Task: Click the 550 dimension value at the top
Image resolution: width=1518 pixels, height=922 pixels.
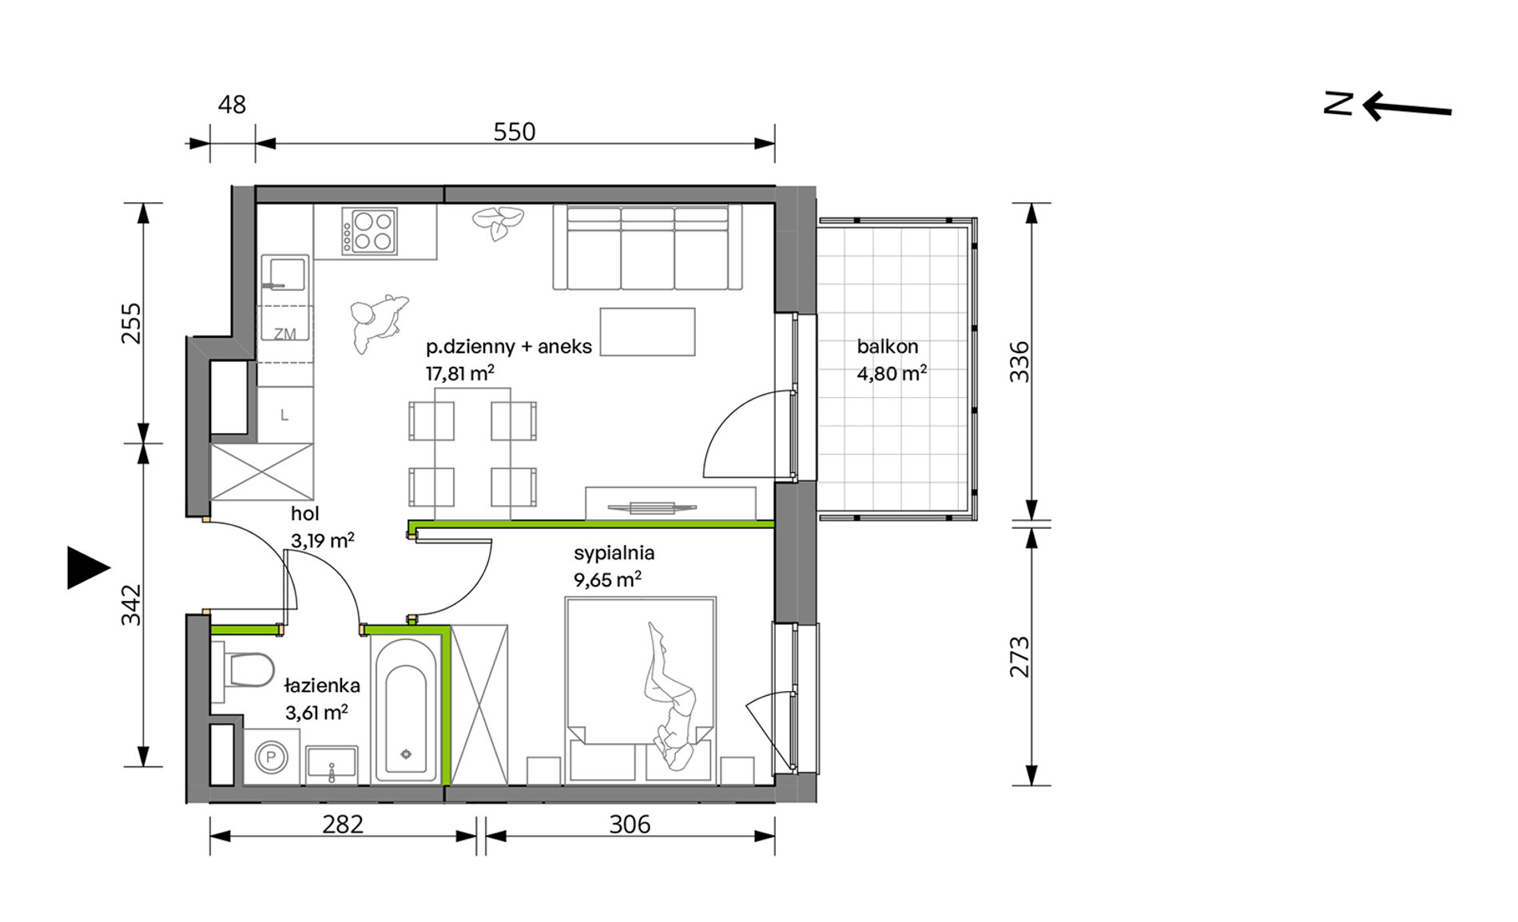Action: pyautogui.click(x=514, y=132)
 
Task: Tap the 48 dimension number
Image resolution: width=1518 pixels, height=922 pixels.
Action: pyautogui.click(x=232, y=105)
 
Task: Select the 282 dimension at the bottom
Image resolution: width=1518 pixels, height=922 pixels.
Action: pyautogui.click(x=343, y=824)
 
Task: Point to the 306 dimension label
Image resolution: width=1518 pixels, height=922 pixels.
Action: pyautogui.click(x=630, y=824)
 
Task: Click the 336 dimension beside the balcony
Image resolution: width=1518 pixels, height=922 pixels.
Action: pyautogui.click(x=1019, y=362)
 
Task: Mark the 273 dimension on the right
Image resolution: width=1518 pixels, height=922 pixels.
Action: pyautogui.click(x=1019, y=657)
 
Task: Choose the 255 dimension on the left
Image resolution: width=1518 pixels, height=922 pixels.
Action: pyautogui.click(x=131, y=324)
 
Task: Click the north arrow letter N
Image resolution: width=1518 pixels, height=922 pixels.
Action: pyautogui.click(x=1338, y=104)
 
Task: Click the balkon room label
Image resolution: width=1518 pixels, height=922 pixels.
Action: pyautogui.click(x=887, y=347)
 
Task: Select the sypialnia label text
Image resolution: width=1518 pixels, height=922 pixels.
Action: pyautogui.click(x=614, y=553)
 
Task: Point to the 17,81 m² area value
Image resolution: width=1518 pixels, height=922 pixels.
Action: pyautogui.click(x=459, y=373)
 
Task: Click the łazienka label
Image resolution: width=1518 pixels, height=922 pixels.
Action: pyautogui.click(x=322, y=686)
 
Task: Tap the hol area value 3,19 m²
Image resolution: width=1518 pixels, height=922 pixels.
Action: pyautogui.click(x=322, y=541)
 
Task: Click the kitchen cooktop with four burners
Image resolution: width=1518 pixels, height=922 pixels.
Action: pyautogui.click(x=369, y=231)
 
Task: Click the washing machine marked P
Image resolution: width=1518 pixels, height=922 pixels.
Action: pyautogui.click(x=271, y=756)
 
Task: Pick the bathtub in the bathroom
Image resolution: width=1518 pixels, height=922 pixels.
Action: pyautogui.click(x=406, y=711)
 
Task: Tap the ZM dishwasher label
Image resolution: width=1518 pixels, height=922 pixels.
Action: pyautogui.click(x=284, y=334)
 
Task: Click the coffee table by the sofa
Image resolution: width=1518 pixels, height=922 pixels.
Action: pyautogui.click(x=647, y=332)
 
